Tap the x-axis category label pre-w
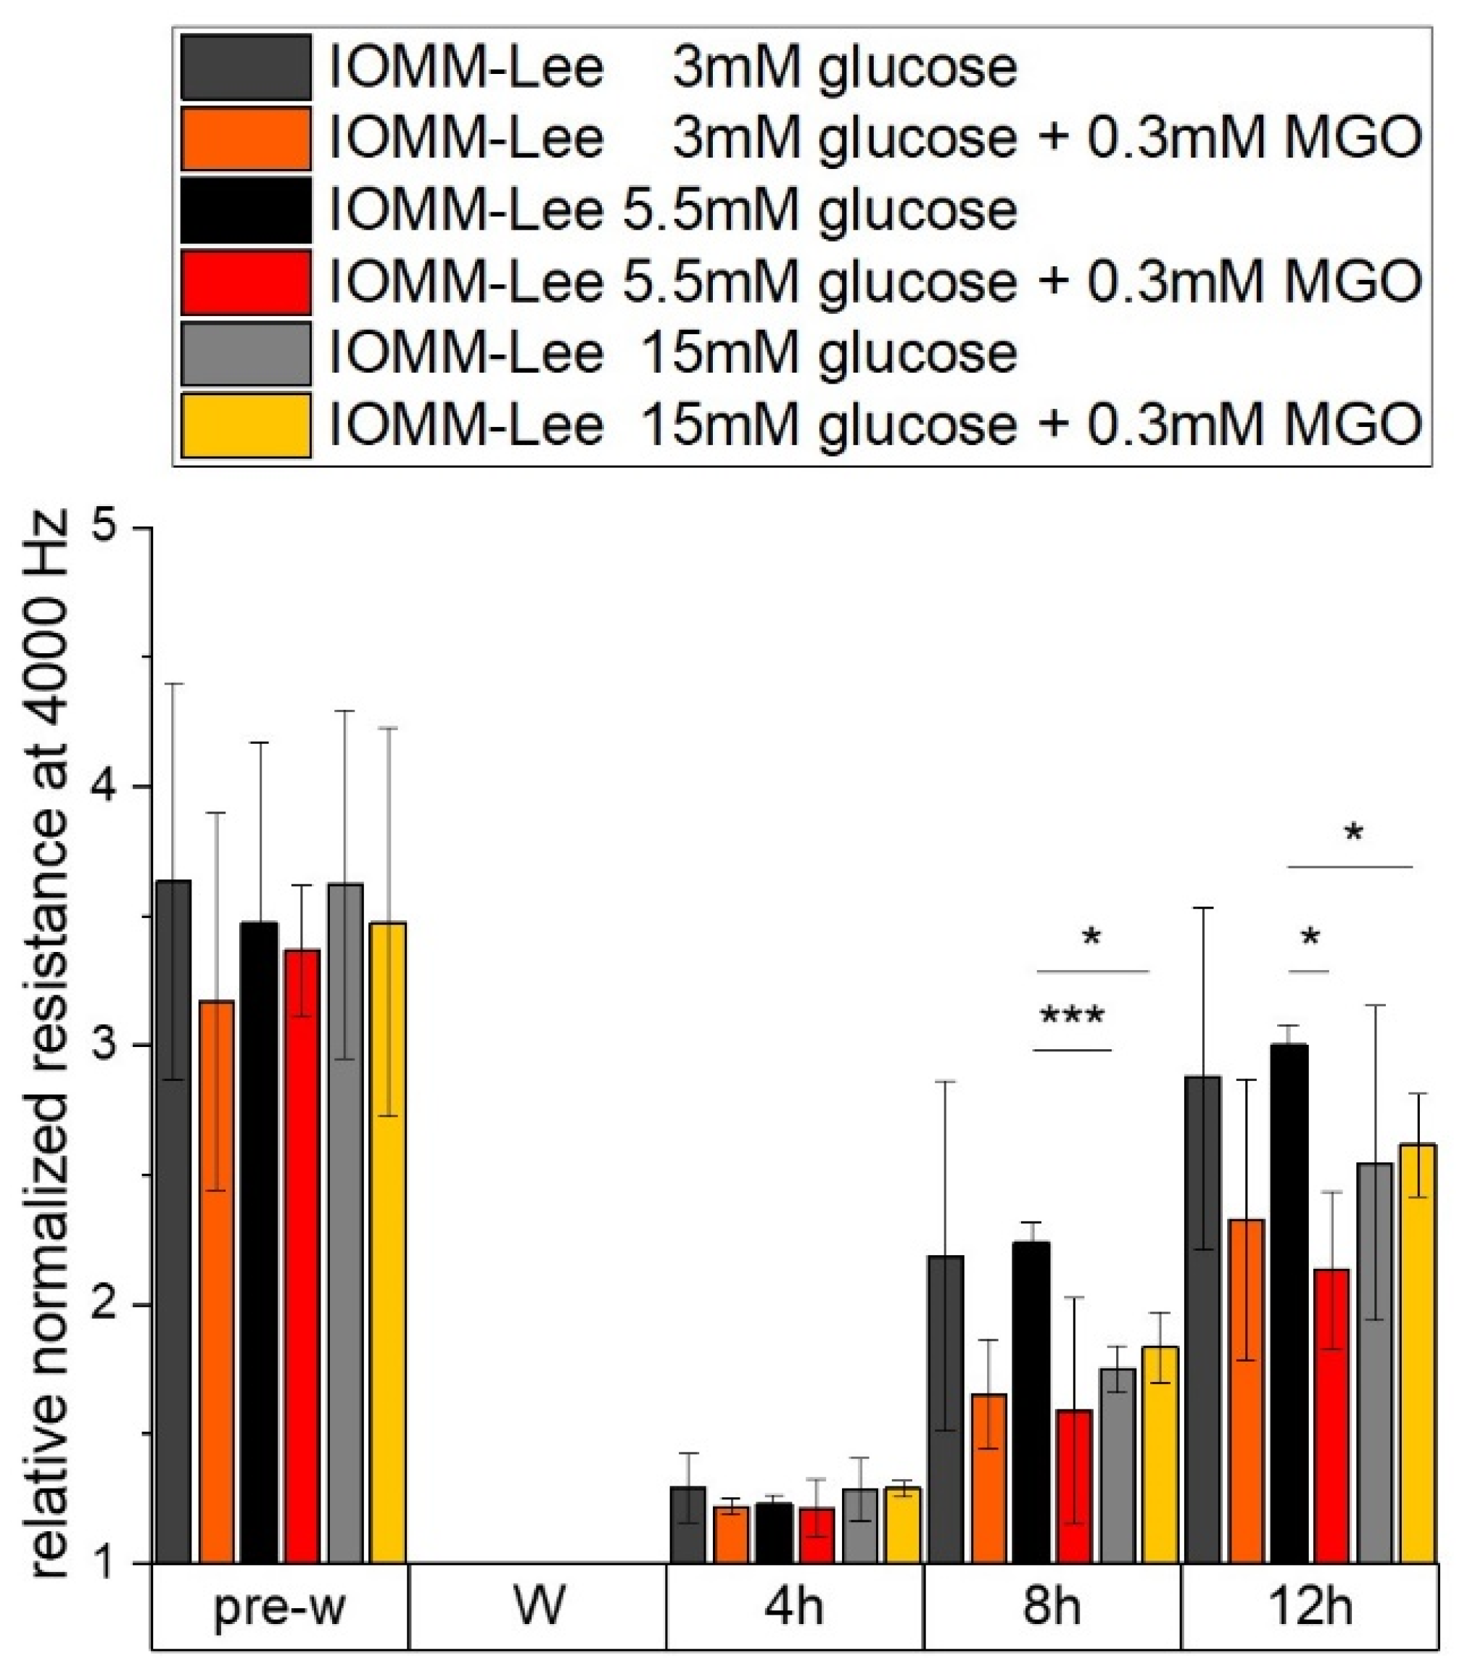pos(279,1607)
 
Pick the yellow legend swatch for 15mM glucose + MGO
pos(246,425)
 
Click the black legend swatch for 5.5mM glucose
pos(246,210)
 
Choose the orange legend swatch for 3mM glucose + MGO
pos(246,138)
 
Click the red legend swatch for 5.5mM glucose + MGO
pos(246,282)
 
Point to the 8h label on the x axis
pos(1052,1607)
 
